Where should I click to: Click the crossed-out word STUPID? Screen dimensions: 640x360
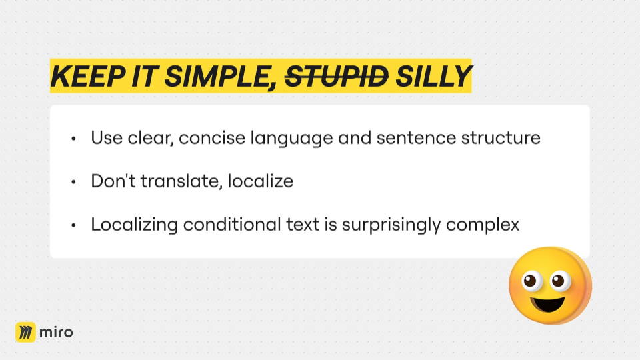(336, 76)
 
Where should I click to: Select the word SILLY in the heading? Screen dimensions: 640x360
(433, 76)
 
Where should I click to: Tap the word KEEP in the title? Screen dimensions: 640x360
(88, 76)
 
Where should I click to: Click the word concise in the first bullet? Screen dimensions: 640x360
(212, 137)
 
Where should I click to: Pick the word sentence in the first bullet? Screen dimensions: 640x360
(416, 138)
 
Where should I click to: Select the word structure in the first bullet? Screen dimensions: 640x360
(501, 138)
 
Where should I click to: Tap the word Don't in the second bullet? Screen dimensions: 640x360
(113, 181)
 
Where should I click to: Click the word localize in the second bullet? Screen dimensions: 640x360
(261, 181)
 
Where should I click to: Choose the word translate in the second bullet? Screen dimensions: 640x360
(181, 181)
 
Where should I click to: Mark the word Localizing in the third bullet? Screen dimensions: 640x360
(134, 225)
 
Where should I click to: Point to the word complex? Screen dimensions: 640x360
(483, 225)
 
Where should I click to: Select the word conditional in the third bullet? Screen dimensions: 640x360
(232, 224)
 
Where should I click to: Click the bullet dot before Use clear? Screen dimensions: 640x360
(73, 139)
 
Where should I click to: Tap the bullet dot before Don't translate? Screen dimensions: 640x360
(73, 182)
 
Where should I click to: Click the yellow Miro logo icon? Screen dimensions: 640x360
(25, 332)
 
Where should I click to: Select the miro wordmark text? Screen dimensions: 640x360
(56, 332)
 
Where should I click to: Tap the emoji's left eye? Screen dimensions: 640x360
(531, 281)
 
